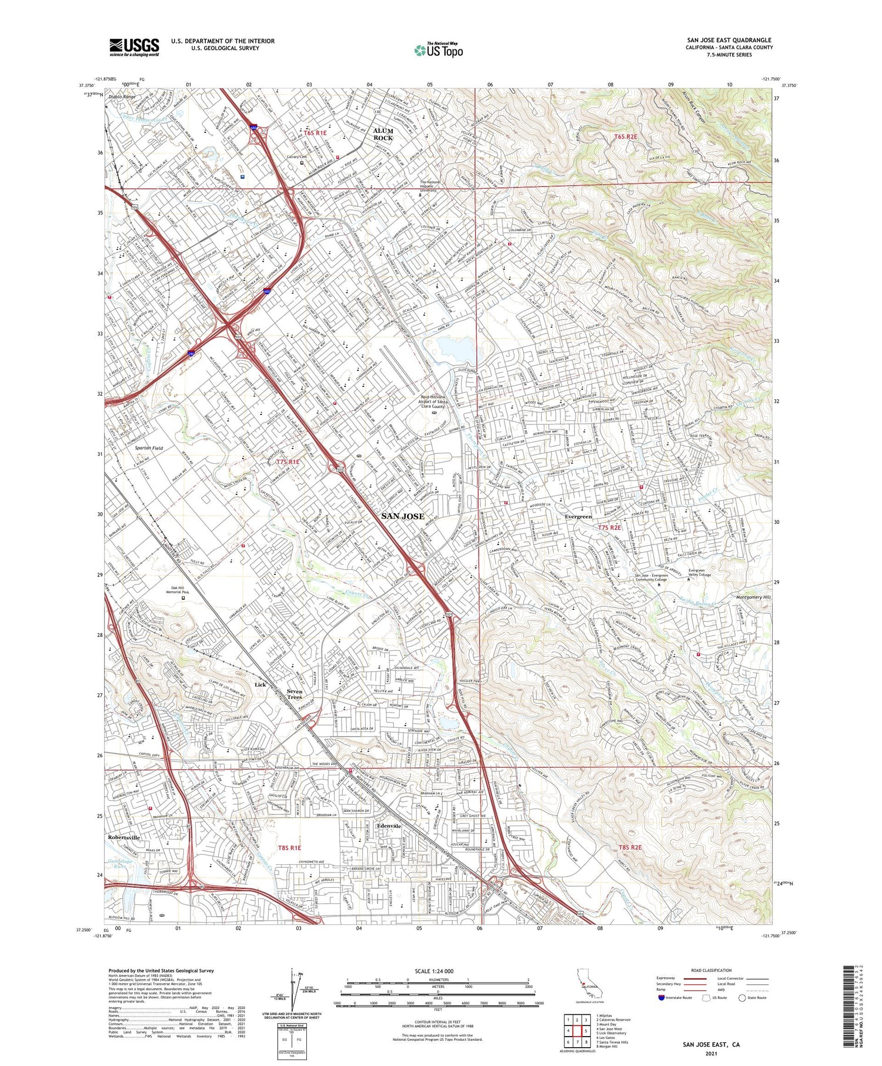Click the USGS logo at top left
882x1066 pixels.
coord(134,47)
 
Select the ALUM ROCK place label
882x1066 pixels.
coord(383,135)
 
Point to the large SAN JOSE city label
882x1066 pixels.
coord(403,516)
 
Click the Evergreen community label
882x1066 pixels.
coord(578,516)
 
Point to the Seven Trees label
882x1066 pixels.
coord(294,694)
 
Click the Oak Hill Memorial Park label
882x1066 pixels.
coord(183,590)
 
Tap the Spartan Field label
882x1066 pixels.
coord(148,448)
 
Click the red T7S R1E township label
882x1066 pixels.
coord(288,462)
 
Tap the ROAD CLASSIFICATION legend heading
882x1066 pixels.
coord(711,970)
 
